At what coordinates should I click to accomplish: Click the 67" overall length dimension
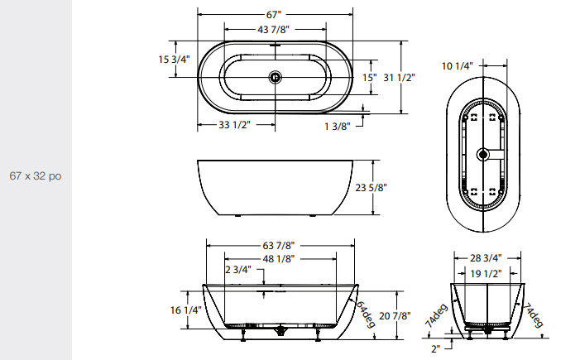pyautogui.click(x=275, y=15)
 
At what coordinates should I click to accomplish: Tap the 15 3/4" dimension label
pyautogui.click(x=174, y=60)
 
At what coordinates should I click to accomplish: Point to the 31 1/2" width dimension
pyautogui.click(x=400, y=78)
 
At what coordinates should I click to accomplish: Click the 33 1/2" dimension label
pyautogui.click(x=235, y=125)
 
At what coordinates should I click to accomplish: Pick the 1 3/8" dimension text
pyautogui.click(x=337, y=126)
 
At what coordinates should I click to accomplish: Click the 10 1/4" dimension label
pyautogui.click(x=457, y=65)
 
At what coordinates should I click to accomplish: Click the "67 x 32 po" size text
pyautogui.click(x=36, y=176)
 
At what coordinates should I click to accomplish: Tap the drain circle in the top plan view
pyautogui.click(x=275, y=78)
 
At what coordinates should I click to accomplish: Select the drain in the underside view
pyautogui.click(x=484, y=153)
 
